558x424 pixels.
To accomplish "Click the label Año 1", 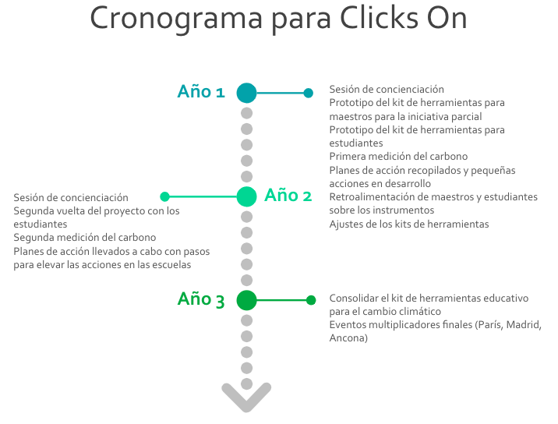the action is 201,91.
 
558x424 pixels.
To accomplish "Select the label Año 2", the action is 288,195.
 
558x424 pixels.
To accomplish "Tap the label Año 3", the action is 201,299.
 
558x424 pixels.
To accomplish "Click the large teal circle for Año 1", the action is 246,93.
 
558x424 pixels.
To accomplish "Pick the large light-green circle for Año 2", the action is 246,196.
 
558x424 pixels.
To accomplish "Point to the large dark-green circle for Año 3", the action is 246,300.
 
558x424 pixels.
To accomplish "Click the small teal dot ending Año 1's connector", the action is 308,93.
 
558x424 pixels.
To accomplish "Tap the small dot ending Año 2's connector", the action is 164,196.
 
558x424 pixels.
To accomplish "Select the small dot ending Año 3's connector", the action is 311,300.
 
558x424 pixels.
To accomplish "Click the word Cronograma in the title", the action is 176,19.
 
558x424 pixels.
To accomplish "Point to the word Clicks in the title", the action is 379,17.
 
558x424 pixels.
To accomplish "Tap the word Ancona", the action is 348,337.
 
